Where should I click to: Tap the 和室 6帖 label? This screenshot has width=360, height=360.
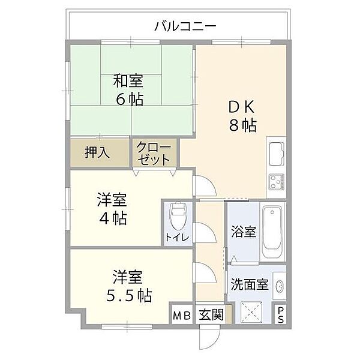(130, 88)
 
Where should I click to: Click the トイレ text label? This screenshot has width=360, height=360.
(178, 238)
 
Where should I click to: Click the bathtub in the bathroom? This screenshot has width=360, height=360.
(274, 231)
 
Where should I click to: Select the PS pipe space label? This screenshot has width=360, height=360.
(280, 314)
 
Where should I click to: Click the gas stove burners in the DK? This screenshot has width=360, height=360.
(277, 182)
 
